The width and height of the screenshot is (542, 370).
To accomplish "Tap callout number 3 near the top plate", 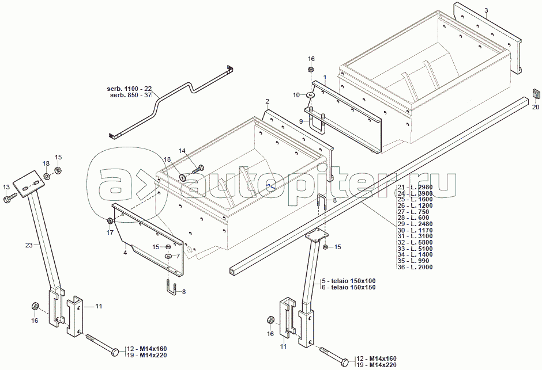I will pos(486,11).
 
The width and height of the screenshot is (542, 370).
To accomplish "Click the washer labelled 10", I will pos(310,94).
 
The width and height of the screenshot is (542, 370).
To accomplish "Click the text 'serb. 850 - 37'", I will pos(131,95).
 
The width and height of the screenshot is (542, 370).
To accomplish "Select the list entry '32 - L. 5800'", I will pos(415,242).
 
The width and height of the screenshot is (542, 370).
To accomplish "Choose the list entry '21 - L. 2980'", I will pos(415,188).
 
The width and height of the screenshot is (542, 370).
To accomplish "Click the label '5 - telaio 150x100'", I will pos(349,281).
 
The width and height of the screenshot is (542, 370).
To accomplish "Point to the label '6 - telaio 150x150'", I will pos(349,287).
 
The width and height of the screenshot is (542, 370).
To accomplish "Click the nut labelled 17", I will pos(110,222).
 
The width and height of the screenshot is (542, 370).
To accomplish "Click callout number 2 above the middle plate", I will pos(267,101).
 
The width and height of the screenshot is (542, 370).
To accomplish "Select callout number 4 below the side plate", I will pos(125,252).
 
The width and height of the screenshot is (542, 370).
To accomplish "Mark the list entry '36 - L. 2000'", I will pos(415,267).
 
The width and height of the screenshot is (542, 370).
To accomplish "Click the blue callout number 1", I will pos(325,77).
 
